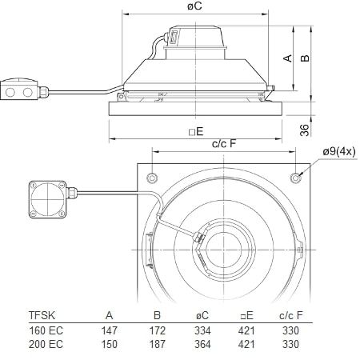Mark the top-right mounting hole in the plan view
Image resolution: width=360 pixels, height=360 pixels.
pyautogui.click(x=298, y=176)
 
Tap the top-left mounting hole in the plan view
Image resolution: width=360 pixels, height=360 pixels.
pyautogui.click(x=150, y=176)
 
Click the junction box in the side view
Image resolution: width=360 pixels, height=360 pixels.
pyautogui.click(x=22, y=92)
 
